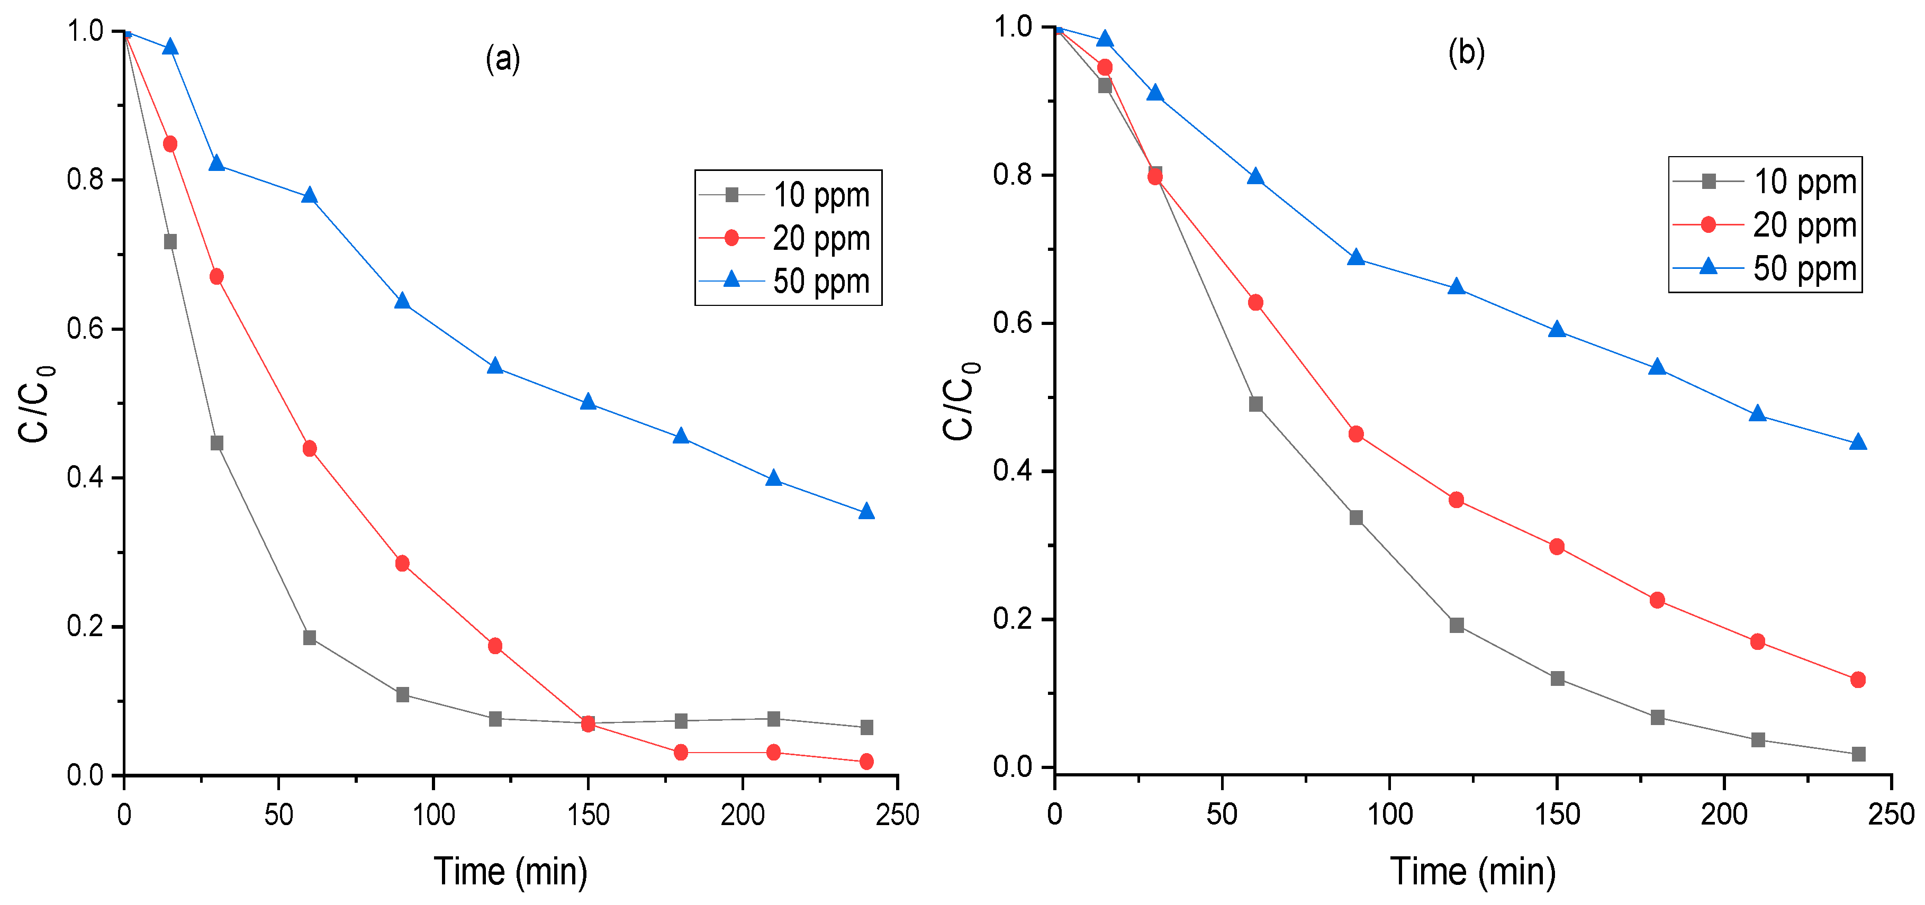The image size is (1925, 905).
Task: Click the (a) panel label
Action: (502, 58)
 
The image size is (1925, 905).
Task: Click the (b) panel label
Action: (1466, 53)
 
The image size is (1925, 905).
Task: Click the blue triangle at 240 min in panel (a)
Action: (866, 512)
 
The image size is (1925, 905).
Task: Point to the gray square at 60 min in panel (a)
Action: (310, 637)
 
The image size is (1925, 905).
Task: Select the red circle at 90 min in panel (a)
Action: (402, 564)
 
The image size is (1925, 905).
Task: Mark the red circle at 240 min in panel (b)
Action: (1858, 680)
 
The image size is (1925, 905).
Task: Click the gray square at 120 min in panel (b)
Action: (1457, 625)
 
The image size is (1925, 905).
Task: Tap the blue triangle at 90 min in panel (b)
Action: (1357, 258)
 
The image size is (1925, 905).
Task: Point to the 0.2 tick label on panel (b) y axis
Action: (1012, 619)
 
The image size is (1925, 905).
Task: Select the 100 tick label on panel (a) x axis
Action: (433, 815)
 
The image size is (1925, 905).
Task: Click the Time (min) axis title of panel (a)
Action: (510, 871)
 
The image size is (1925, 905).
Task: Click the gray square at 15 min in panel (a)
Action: (170, 242)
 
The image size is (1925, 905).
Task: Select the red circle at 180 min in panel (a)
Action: (680, 753)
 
